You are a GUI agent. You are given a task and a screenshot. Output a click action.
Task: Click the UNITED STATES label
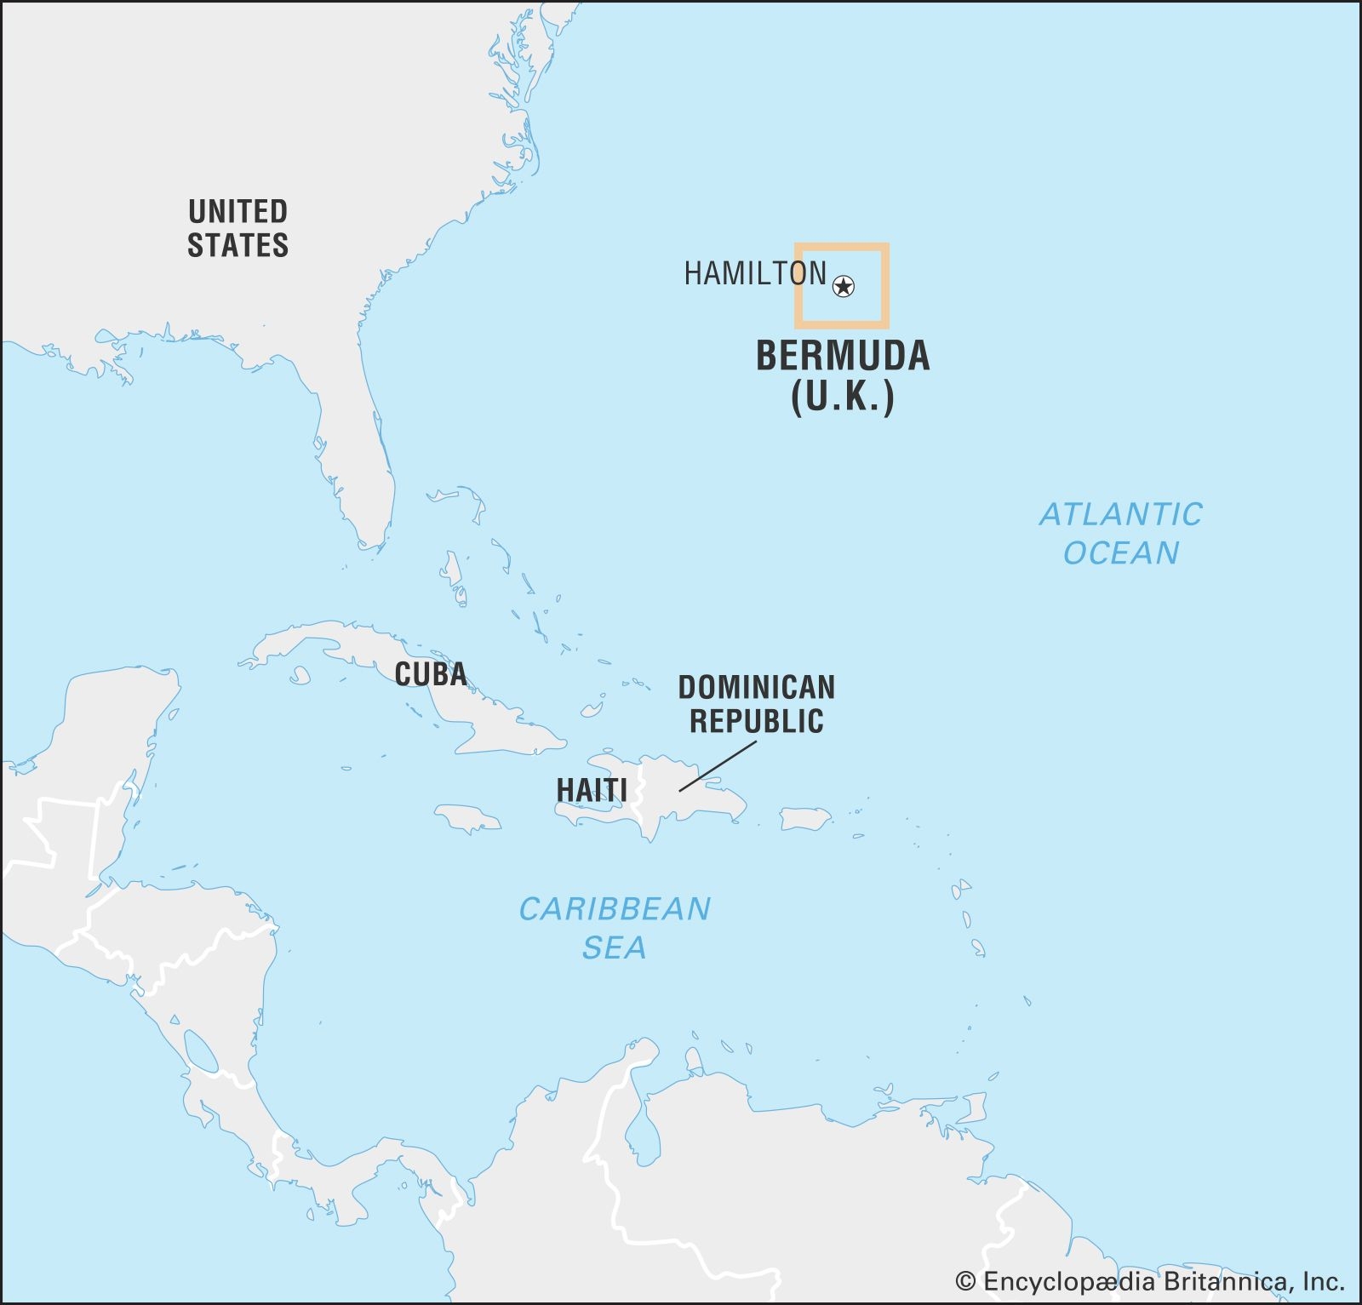(x=237, y=228)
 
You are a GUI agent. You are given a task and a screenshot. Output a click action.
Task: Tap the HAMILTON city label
(x=755, y=273)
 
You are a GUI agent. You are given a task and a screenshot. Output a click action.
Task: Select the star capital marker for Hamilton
(x=843, y=286)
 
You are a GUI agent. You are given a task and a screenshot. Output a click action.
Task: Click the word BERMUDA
(x=843, y=356)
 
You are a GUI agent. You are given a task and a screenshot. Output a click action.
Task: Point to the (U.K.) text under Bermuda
(x=843, y=396)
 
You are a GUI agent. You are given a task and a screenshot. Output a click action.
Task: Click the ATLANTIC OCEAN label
(x=1120, y=534)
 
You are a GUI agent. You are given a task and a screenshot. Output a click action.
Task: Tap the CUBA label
(x=431, y=674)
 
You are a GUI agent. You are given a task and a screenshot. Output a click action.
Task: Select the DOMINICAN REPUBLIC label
(x=756, y=704)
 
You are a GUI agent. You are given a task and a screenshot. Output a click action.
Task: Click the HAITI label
(x=592, y=790)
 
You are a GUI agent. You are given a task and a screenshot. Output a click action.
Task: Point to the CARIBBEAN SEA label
(x=615, y=928)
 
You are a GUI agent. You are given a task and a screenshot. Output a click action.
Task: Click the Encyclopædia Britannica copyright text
(x=1149, y=1282)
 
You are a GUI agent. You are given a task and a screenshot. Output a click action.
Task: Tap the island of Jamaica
(x=467, y=818)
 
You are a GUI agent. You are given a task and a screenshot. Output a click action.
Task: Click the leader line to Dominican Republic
(x=718, y=766)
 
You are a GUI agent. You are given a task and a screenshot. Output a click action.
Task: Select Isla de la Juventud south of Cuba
(x=299, y=675)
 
